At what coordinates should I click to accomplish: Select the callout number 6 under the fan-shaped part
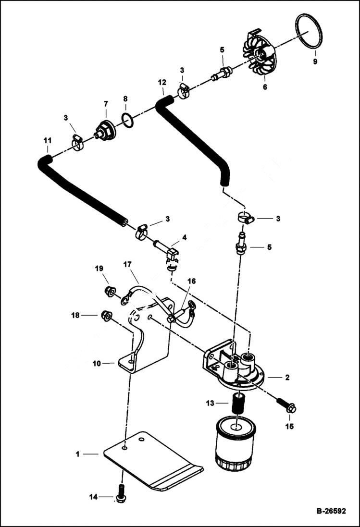pyautogui.click(x=264, y=87)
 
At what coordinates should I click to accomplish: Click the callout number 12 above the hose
pyautogui.click(x=162, y=83)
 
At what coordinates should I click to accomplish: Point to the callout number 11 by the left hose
pyautogui.click(x=47, y=140)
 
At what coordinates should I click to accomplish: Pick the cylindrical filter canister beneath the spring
pyautogui.click(x=236, y=442)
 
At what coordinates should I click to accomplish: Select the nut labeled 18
pyautogui.click(x=107, y=316)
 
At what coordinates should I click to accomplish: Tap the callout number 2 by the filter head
pyautogui.click(x=287, y=378)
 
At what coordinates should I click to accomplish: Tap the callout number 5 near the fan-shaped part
pyautogui.click(x=222, y=49)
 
